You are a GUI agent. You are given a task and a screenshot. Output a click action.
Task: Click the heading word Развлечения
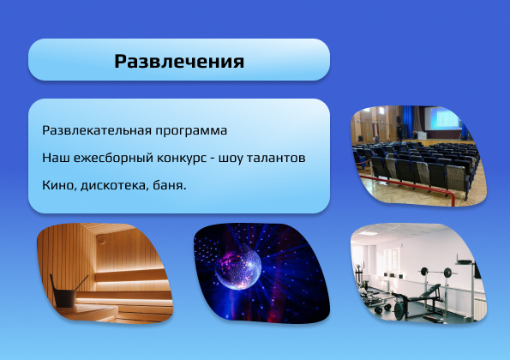[179, 62]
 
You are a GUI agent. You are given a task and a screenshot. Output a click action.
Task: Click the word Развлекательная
[97, 130]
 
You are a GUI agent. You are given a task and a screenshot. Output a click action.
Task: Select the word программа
[191, 131]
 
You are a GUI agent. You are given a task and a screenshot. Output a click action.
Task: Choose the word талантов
[276, 158]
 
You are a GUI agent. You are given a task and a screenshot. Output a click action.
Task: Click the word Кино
[59, 185]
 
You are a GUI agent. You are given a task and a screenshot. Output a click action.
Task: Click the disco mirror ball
[238, 267]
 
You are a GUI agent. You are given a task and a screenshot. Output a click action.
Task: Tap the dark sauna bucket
[63, 295]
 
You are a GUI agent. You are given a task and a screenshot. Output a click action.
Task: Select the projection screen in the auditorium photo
[442, 118]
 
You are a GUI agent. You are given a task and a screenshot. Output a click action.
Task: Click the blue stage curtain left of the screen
[408, 122]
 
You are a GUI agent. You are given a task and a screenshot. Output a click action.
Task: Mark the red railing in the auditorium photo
[406, 186]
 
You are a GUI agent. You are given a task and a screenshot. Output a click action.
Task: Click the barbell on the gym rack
[435, 272]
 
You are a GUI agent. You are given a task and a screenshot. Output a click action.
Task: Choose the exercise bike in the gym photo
[359, 276]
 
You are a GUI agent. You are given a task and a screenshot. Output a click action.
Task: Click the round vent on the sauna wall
[102, 241]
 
